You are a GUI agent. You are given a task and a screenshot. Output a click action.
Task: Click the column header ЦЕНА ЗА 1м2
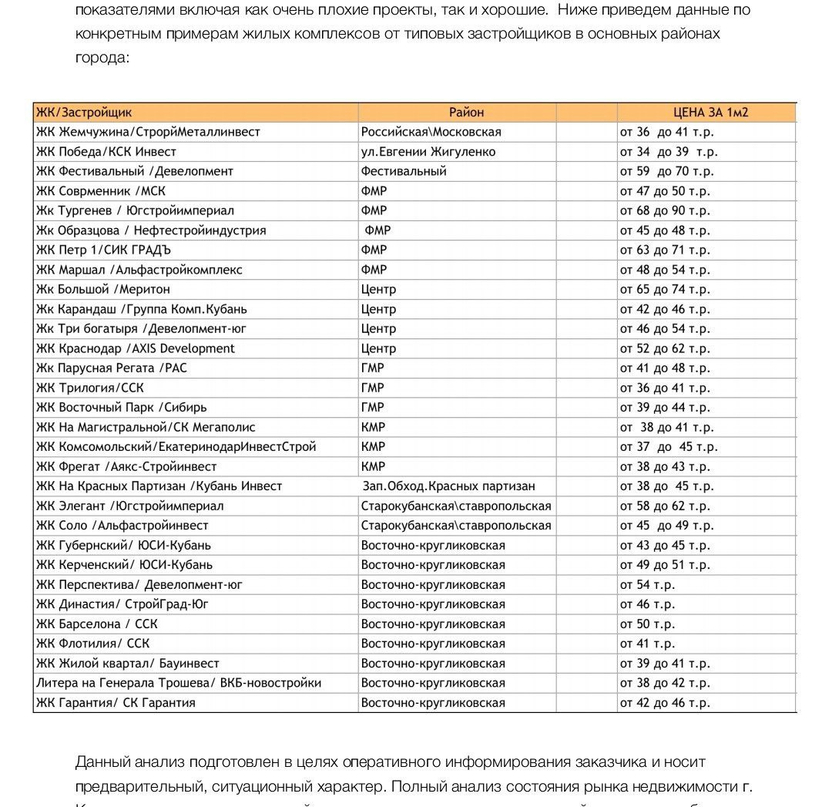coord(706,113)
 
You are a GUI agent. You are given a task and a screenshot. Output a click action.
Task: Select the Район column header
coord(466,113)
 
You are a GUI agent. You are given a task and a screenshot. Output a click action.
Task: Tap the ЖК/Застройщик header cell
coord(84,113)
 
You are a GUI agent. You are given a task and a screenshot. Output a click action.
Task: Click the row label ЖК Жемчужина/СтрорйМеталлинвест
coord(148,132)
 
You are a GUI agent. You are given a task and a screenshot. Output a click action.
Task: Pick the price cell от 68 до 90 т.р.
coord(665,210)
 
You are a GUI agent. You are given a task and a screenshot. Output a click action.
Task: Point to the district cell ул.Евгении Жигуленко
coord(428,152)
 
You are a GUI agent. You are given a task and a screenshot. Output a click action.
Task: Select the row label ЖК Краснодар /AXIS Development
coord(135,348)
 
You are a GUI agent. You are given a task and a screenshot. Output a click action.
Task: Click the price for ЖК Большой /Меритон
coord(665,289)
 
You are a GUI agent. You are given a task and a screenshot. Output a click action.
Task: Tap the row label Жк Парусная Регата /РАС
coord(111,368)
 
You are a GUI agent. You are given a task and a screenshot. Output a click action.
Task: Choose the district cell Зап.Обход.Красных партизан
coord(448,486)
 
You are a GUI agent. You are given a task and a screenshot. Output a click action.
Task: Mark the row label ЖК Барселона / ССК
coord(96,624)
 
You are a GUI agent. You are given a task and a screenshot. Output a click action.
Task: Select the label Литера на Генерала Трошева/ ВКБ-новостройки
coord(178,683)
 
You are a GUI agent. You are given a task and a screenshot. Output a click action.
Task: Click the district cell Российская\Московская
coord(431,132)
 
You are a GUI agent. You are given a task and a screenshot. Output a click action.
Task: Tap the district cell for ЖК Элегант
coord(456,506)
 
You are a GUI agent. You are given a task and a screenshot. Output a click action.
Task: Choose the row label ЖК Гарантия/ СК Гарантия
coord(116,703)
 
